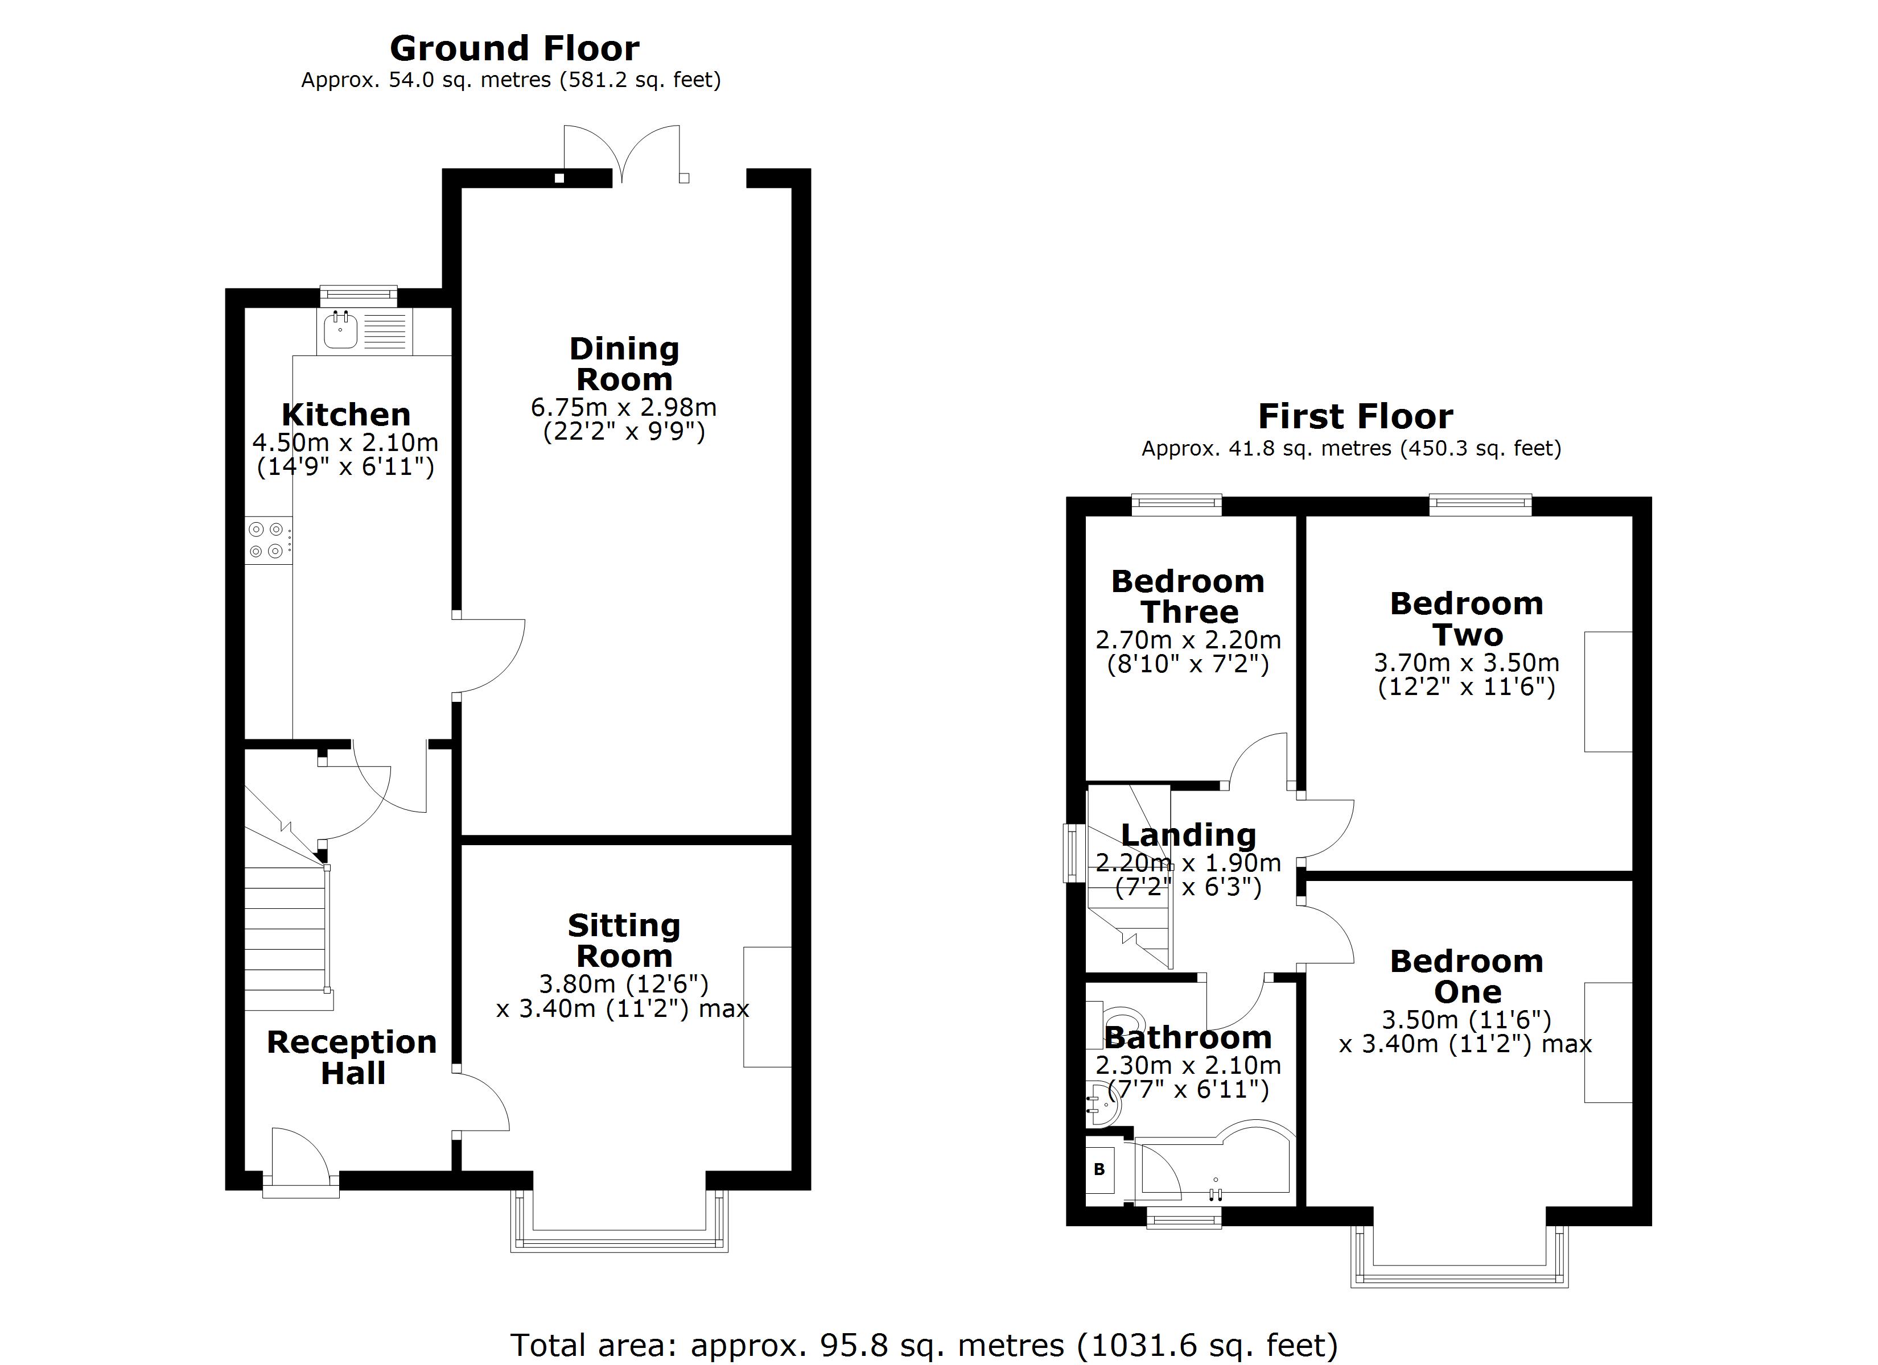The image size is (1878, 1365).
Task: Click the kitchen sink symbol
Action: (x=340, y=330)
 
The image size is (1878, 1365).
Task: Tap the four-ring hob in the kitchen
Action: (x=267, y=540)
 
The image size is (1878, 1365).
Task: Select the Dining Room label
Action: (x=624, y=364)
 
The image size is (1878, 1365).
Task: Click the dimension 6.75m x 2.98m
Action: (x=624, y=407)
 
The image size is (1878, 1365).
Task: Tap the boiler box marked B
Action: (x=1099, y=1170)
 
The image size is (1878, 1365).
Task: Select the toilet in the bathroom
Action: (x=1118, y=1023)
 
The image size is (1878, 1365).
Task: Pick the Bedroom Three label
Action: (x=1188, y=597)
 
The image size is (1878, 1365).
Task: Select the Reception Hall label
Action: (x=352, y=1058)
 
